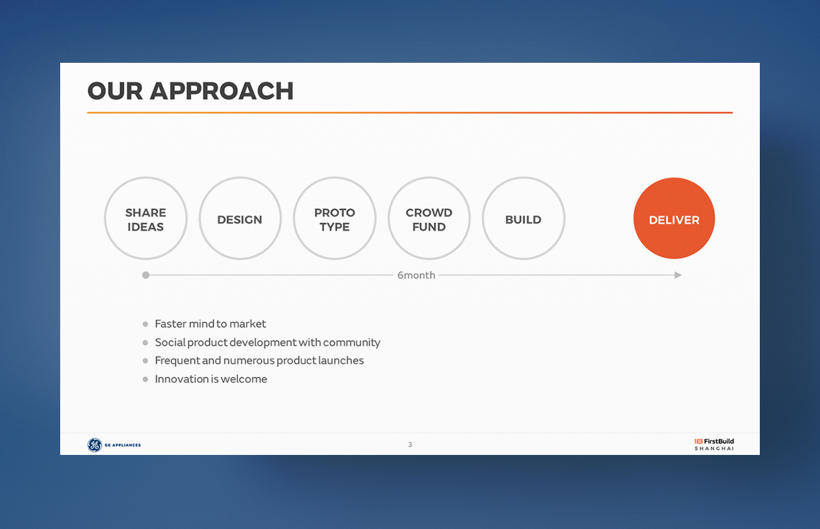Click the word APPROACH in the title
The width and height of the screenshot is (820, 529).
tap(222, 91)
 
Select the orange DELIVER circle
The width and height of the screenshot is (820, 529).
tap(674, 218)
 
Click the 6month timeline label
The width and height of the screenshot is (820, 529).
tap(416, 275)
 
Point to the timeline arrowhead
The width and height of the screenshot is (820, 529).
tap(678, 275)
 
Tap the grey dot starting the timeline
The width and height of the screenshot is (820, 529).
tap(145, 275)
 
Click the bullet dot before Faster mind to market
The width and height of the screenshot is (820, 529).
tap(145, 324)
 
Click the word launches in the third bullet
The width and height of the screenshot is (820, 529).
tap(341, 360)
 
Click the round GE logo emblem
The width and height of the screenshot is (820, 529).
tap(95, 445)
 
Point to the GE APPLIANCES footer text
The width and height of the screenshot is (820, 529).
tap(122, 445)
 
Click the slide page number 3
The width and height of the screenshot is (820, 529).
tap(410, 444)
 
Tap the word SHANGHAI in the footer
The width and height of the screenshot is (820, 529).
tap(714, 448)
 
